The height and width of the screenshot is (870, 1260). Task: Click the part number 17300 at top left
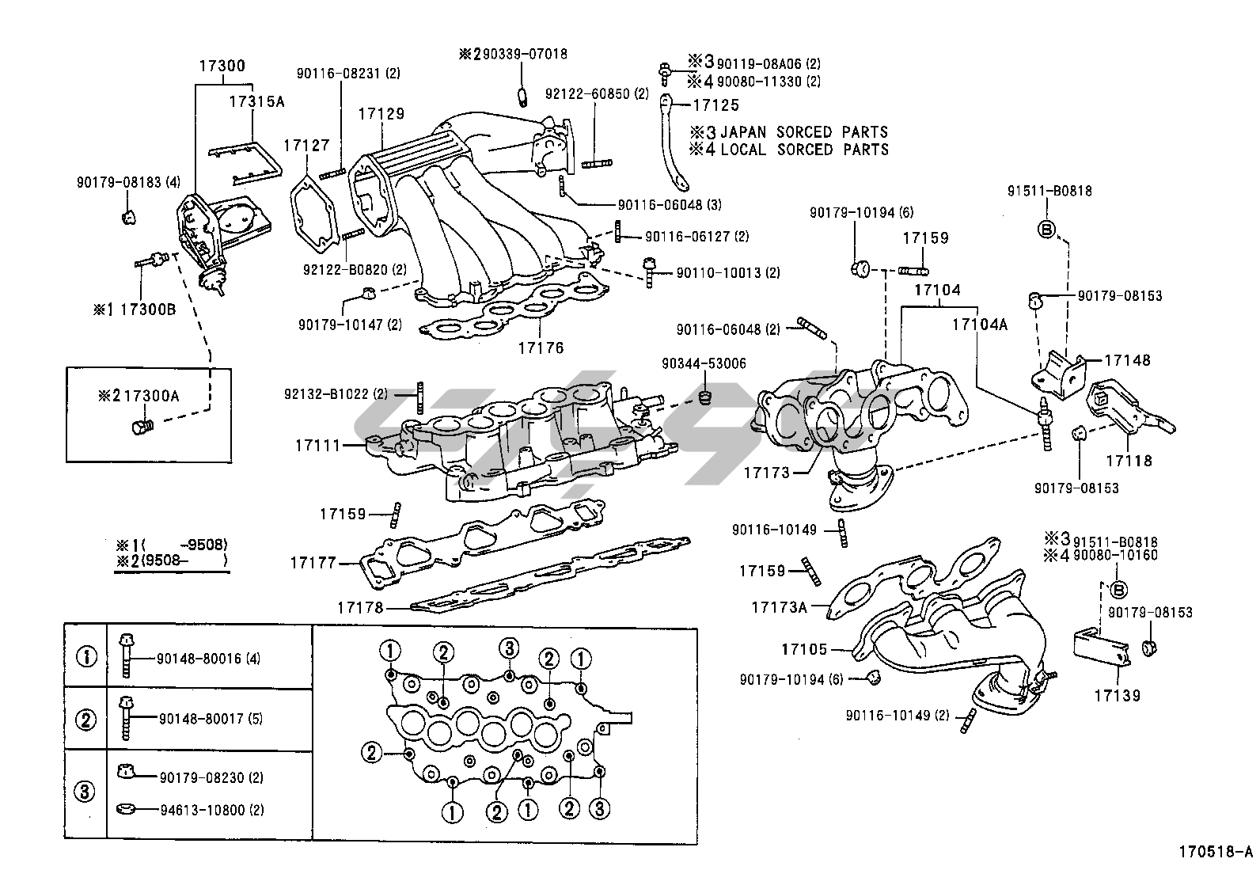(x=222, y=66)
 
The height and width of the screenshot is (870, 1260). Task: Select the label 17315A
(x=257, y=101)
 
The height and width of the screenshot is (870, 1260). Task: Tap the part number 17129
(x=381, y=113)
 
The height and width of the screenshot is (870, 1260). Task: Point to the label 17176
(x=541, y=348)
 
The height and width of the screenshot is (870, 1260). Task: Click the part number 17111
(x=317, y=446)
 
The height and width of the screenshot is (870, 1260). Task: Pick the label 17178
(x=360, y=608)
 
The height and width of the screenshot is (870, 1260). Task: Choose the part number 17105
(x=804, y=649)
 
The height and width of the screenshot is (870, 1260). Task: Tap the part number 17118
(x=1129, y=461)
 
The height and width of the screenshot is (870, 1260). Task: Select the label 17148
(x=1127, y=360)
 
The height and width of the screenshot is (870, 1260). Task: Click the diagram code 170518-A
(x=1215, y=853)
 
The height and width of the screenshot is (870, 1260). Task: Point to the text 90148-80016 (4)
(x=208, y=658)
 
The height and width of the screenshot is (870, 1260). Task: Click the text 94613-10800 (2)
(x=211, y=810)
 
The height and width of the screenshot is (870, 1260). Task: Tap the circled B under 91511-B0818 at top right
(x=1046, y=230)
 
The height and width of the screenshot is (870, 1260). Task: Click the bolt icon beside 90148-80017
(x=124, y=718)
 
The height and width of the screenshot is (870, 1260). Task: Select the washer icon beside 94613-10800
(x=123, y=810)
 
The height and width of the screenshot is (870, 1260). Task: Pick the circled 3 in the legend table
(x=85, y=791)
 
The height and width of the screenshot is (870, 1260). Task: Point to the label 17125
(x=715, y=104)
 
